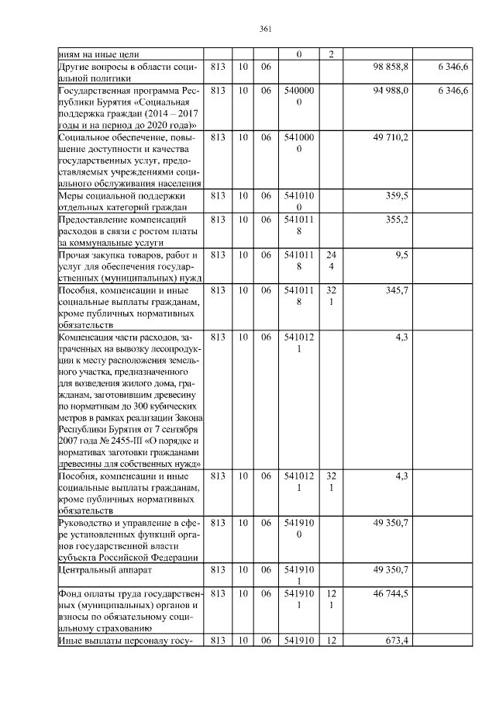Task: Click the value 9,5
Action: (x=401, y=254)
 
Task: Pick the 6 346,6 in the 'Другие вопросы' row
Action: (x=453, y=67)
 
